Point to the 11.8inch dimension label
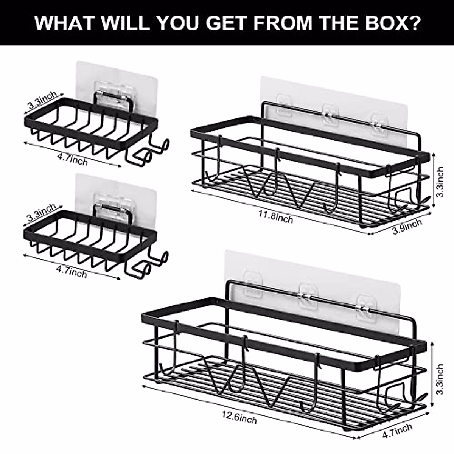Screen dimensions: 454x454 (276, 217)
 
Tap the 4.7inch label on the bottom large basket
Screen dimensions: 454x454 (398, 430)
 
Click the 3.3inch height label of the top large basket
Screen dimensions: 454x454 (440, 182)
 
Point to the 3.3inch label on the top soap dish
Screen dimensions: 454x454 (42, 99)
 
